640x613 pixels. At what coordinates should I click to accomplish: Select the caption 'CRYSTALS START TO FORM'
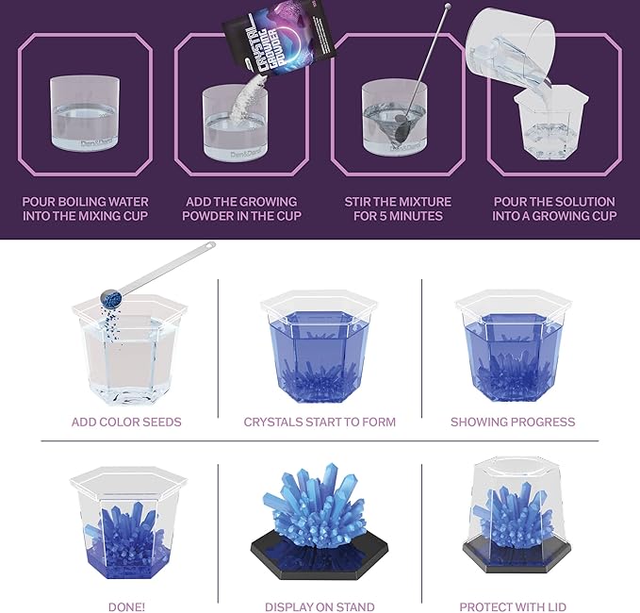coord(320,422)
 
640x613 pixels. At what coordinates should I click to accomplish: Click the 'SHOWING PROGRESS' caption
coord(513,422)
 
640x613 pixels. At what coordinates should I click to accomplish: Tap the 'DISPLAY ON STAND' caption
coord(320,607)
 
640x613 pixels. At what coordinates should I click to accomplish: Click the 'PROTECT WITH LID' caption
coord(513,607)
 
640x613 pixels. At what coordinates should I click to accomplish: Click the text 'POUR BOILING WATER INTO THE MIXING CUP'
coord(85,208)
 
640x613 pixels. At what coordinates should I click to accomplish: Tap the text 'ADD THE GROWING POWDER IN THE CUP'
coord(242,208)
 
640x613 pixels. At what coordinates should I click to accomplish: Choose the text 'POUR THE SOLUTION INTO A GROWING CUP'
coord(554,208)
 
